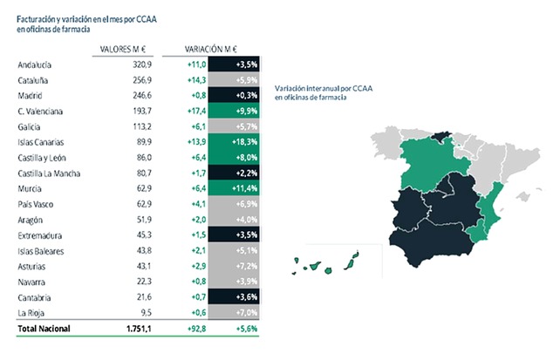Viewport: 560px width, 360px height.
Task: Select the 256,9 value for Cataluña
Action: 140,79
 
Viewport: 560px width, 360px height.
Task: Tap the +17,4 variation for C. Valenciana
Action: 195,112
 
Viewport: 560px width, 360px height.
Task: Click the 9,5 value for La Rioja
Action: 146,312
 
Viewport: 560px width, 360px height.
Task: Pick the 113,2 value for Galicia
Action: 140,126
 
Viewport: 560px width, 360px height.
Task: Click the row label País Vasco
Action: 36,204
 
